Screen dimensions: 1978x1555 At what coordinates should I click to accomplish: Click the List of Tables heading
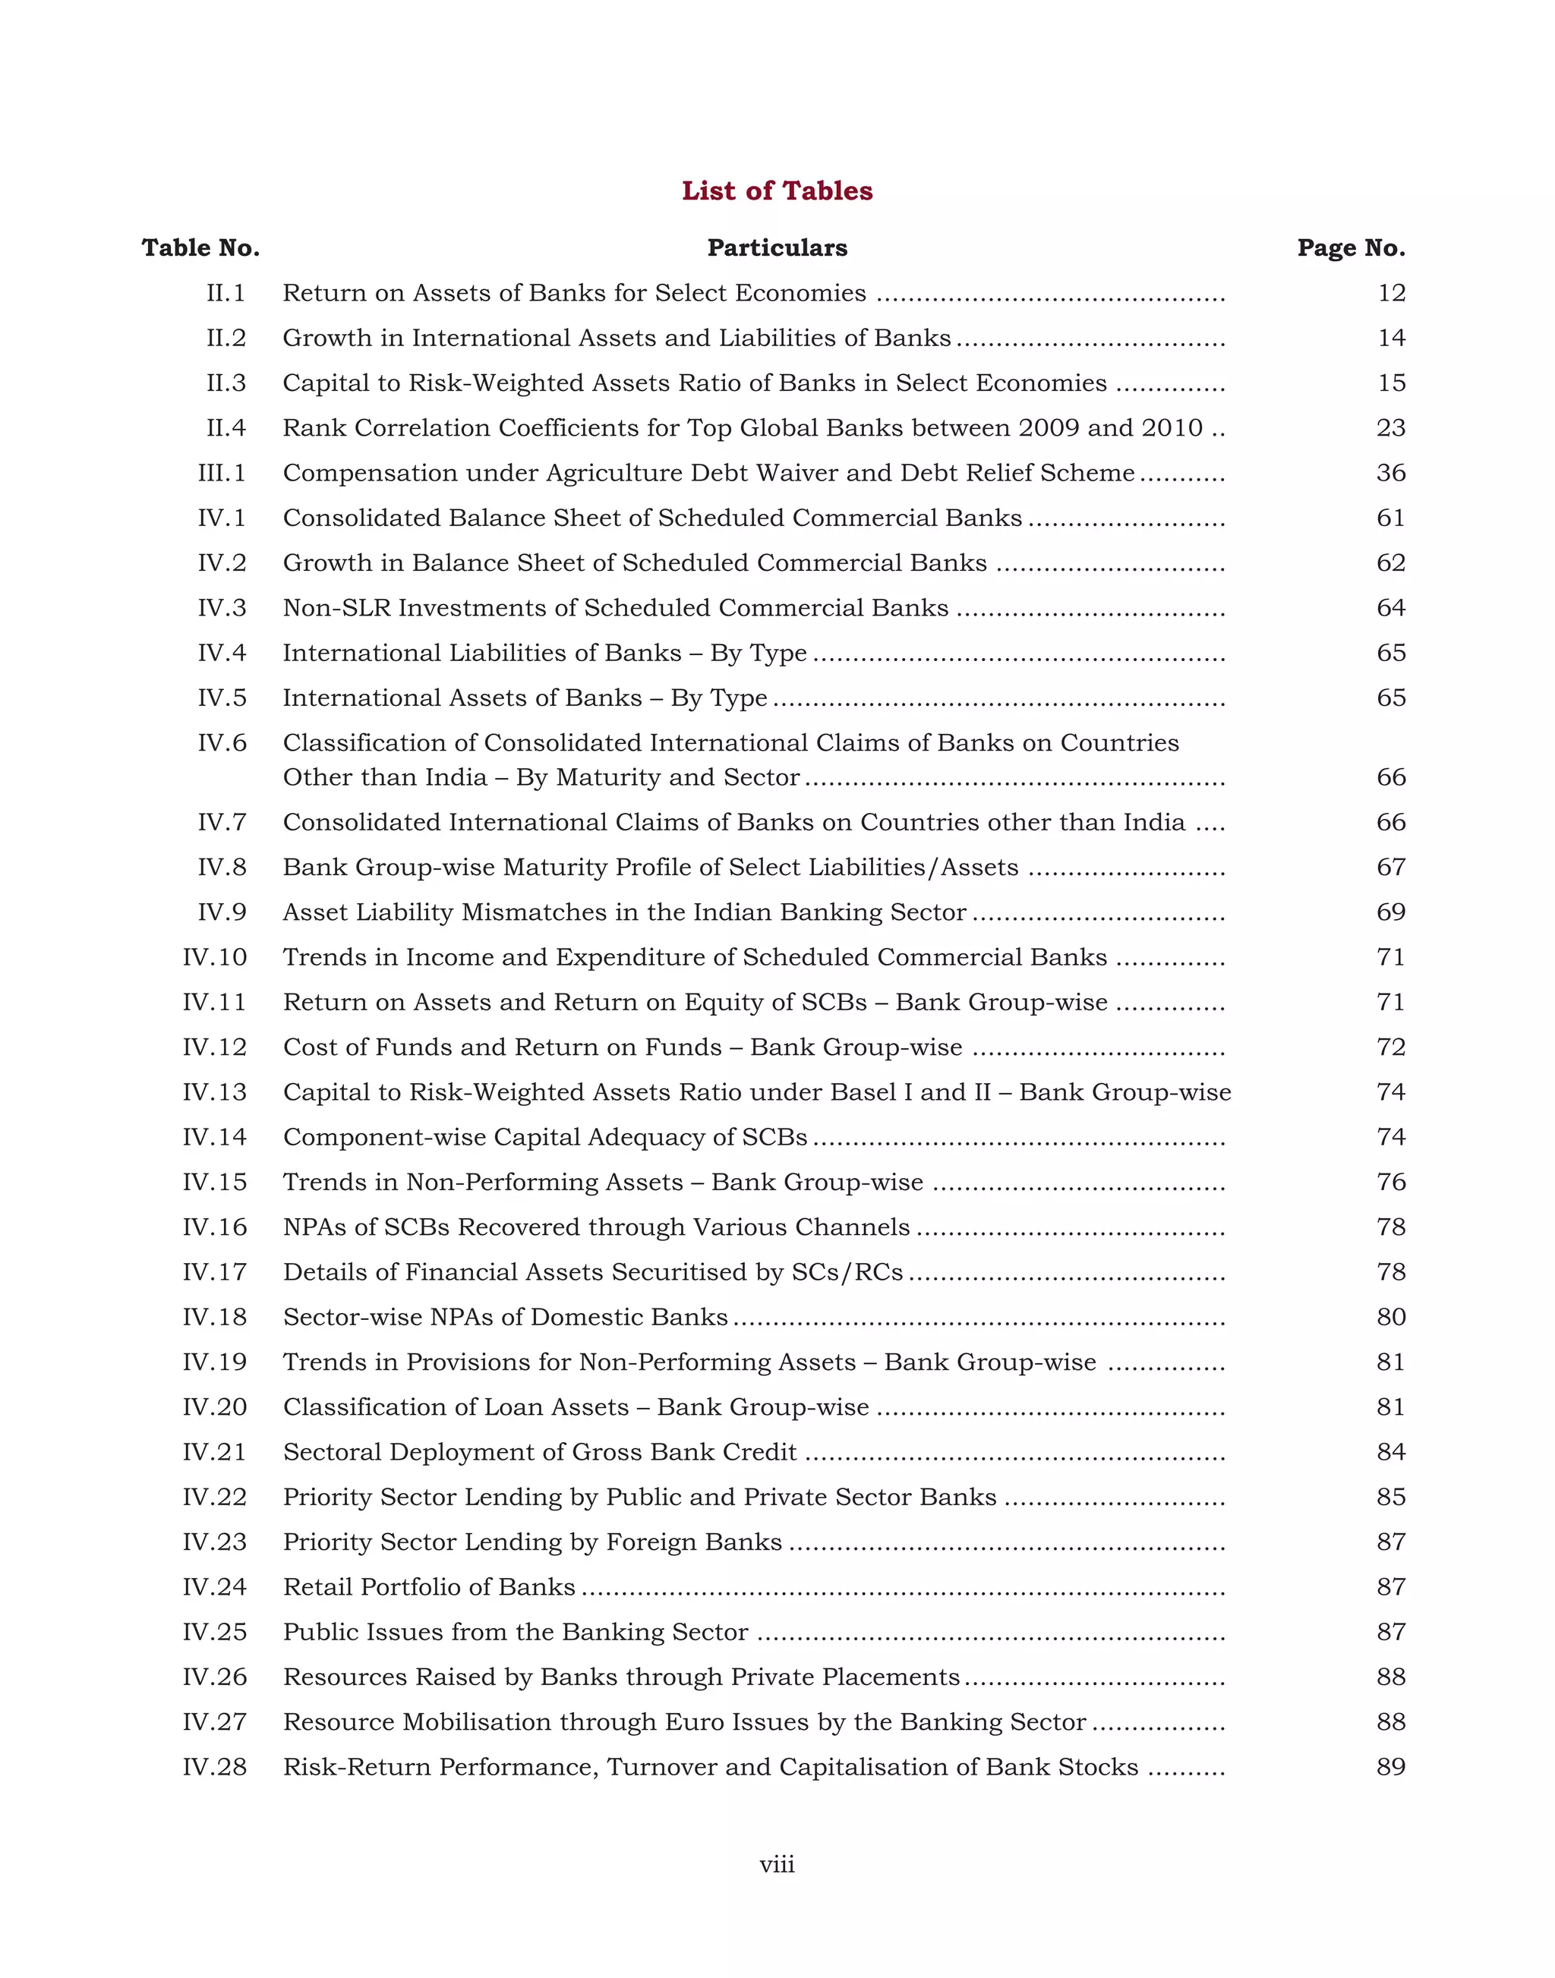coord(777,191)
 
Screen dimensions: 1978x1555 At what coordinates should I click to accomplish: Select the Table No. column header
coord(200,247)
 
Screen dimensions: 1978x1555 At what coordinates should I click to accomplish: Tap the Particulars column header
coord(777,247)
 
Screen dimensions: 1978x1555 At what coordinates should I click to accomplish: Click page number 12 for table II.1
coord(1391,293)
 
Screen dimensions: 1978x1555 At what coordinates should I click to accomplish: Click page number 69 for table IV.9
coord(1390,912)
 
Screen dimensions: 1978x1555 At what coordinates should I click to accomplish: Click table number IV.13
coord(214,1092)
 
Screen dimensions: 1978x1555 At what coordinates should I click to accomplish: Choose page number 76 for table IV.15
coord(1390,1183)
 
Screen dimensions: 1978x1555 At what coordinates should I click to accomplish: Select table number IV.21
coord(214,1452)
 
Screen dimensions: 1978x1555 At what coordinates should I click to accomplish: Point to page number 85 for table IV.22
coord(1390,1498)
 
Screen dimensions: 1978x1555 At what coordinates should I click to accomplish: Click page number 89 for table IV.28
coord(1390,1767)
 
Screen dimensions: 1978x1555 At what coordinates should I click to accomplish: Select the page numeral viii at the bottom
coord(777,1865)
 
